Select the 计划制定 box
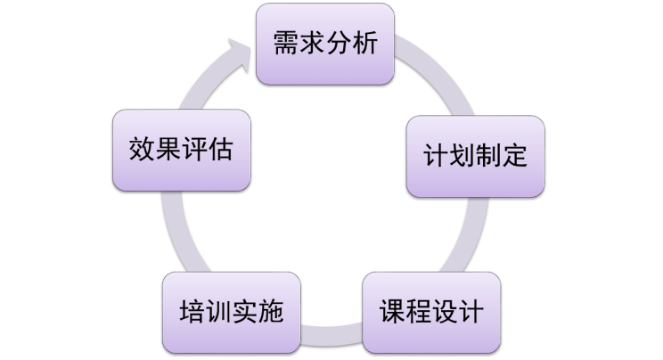click(475, 156)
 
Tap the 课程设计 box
click(431, 313)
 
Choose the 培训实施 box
click(230, 313)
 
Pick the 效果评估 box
click(181, 149)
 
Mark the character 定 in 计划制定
click(515, 157)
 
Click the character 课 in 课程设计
click(392, 314)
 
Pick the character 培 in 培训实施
click(190, 314)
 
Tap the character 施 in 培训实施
click(270, 314)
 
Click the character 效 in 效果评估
click(141, 150)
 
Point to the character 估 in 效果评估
click(221, 150)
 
